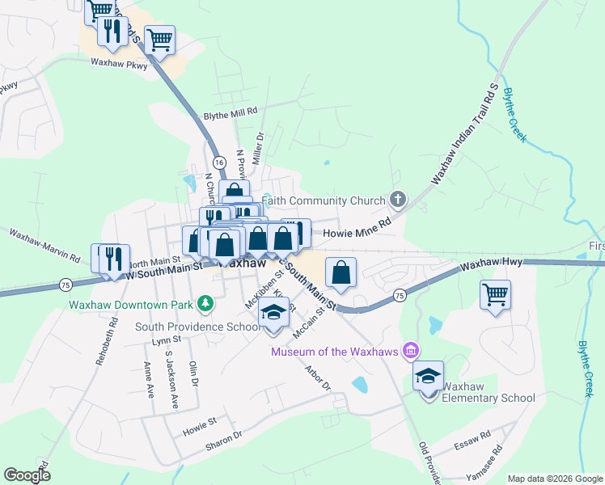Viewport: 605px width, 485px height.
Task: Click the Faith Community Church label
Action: (324, 200)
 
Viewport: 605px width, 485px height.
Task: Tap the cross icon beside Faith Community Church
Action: (397, 199)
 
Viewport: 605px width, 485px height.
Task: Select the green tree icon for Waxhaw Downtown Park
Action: (206, 304)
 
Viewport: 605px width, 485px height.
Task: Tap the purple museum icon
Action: (412, 350)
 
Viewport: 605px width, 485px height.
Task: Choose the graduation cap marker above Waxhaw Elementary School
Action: (428, 376)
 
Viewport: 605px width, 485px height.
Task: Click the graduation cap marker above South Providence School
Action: (273, 313)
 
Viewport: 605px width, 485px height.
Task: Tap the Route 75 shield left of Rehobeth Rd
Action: (65, 284)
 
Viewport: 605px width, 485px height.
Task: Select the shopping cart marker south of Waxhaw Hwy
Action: (495, 294)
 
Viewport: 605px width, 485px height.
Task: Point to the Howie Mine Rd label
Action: (357, 233)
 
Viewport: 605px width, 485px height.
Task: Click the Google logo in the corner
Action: (27, 475)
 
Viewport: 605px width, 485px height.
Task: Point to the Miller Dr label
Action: (257, 149)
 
